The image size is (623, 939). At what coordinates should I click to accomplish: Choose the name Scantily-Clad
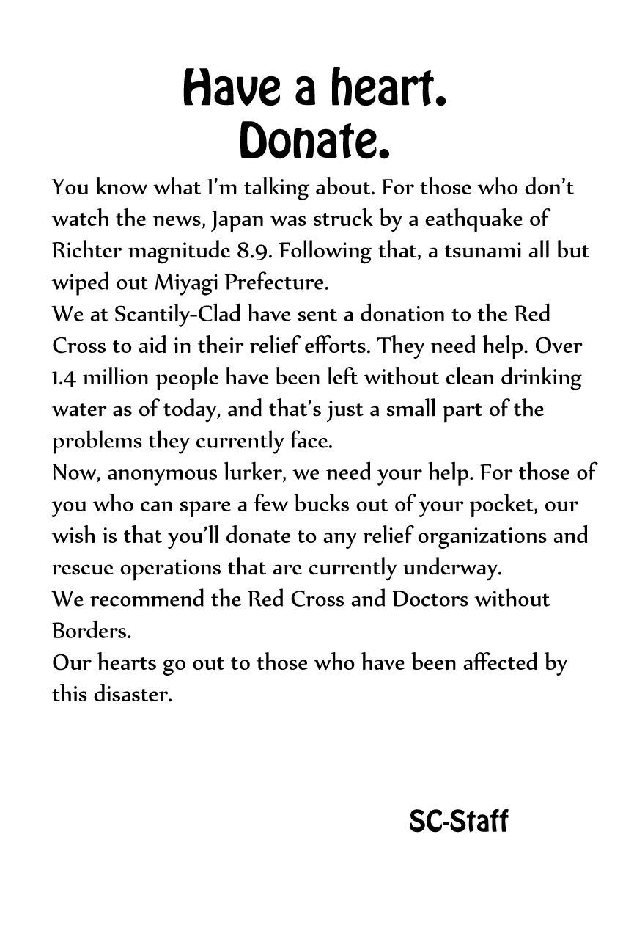pyautogui.click(x=177, y=314)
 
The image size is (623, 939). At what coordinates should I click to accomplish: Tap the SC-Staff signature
pyautogui.click(x=458, y=822)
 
